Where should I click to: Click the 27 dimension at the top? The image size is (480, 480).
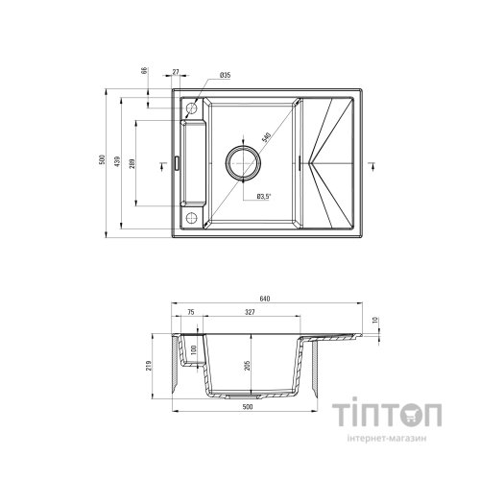(x=176, y=71)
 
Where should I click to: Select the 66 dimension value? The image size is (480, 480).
(x=143, y=72)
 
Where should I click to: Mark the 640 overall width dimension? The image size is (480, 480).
(x=265, y=299)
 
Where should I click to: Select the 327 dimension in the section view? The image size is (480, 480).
(x=251, y=313)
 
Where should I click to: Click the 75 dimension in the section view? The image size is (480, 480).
(x=190, y=313)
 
